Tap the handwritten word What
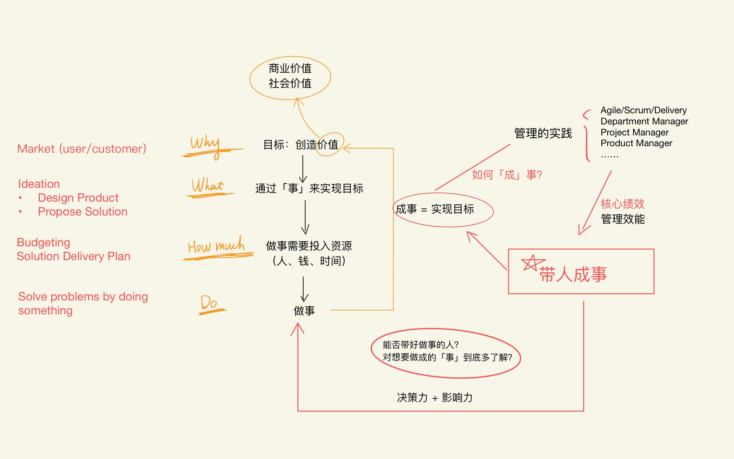point(208,185)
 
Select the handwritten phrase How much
point(216,245)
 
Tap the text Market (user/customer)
point(82,149)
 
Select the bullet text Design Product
point(78,198)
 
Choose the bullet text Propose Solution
point(82,211)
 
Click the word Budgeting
point(43,242)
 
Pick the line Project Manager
point(634,132)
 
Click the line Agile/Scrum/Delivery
point(644,110)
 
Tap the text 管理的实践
point(543,133)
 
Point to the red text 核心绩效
point(622,204)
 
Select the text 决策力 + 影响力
point(434,397)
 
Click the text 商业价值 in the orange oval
point(290,68)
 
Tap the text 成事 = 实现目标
point(435,209)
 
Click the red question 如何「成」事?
point(507,175)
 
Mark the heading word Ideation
point(39,184)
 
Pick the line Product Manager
point(636,143)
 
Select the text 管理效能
point(623,219)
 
